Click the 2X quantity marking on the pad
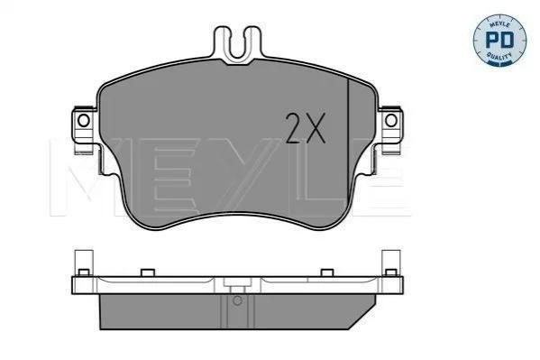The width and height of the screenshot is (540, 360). coord(306,128)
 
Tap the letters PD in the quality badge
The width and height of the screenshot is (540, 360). coord(499,40)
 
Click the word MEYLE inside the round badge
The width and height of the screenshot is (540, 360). coord(499,23)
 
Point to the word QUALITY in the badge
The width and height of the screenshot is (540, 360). coord(499,56)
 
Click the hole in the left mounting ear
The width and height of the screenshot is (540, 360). coord(84,120)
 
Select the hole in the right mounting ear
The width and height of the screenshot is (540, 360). coord(391,120)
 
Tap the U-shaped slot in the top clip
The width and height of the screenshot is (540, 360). coord(237,44)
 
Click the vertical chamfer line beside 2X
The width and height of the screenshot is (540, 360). coord(348,141)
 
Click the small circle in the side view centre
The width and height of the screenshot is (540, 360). coord(237,300)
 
